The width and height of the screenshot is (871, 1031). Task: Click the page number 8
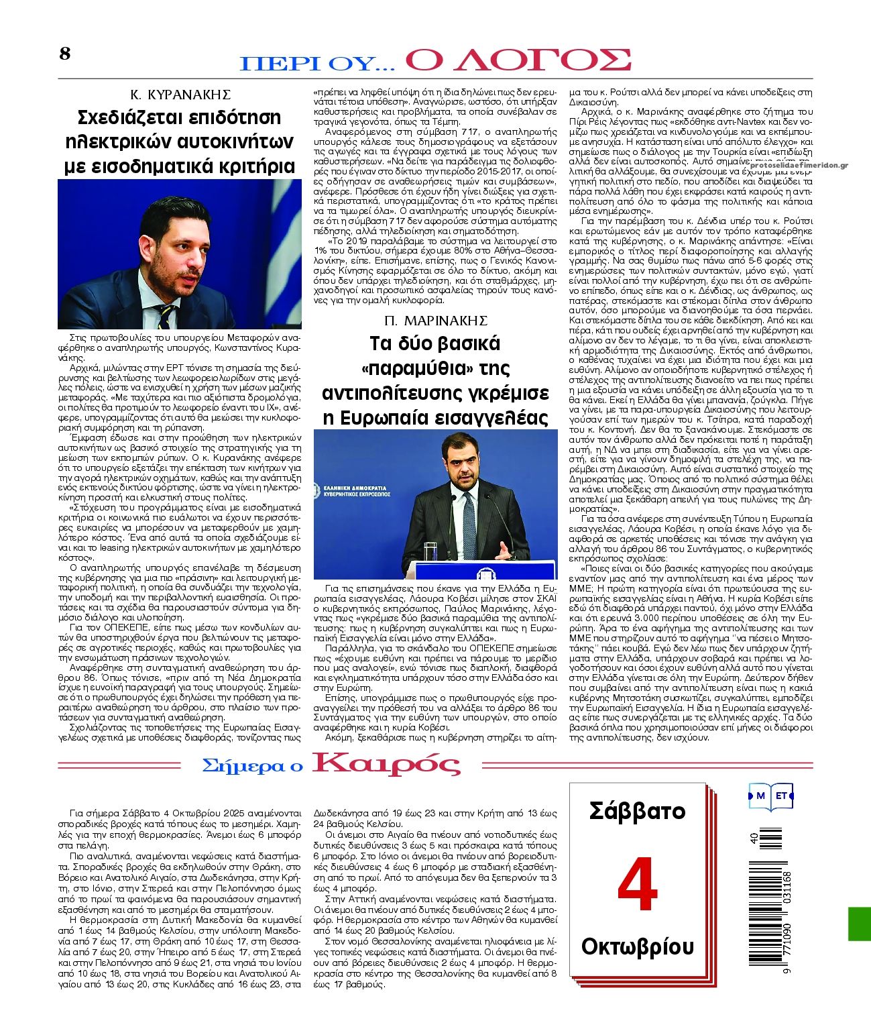pos(64,54)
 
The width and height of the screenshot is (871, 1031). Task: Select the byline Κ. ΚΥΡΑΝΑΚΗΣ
pos(180,95)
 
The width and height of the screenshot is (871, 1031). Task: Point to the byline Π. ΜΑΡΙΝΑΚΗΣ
pos(436,320)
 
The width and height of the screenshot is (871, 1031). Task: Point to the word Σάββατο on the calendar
pos(637,811)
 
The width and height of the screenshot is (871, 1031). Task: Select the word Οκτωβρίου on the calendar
pos(637,946)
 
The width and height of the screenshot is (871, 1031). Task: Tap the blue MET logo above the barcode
pos(771,796)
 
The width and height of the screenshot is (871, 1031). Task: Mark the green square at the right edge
pos(860,923)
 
